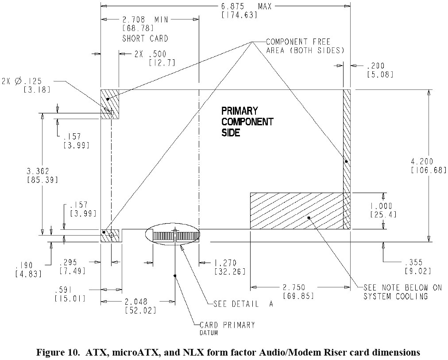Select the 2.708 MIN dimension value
(143, 20)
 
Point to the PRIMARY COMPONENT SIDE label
(247, 121)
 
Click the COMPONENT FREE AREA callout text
(305, 46)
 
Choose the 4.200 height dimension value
(428, 162)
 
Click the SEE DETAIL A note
(243, 304)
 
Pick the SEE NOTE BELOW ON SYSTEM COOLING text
(402, 292)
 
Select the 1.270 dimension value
(230, 263)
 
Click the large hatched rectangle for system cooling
(296, 210)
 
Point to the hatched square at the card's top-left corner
(110, 104)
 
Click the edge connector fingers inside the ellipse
(176, 236)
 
